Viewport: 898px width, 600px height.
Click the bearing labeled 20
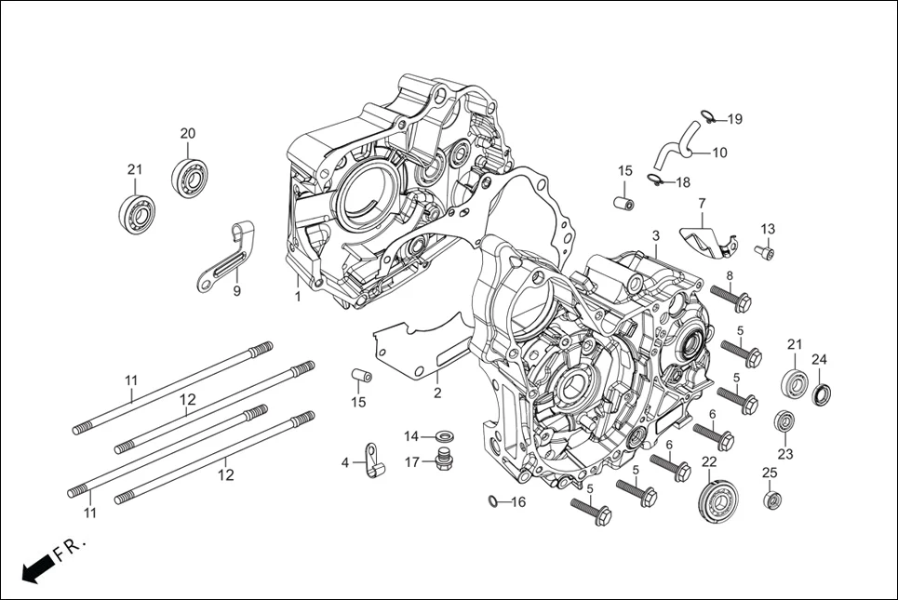tap(189, 177)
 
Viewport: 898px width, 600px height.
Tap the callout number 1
tap(298, 297)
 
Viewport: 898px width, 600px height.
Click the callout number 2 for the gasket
tap(437, 393)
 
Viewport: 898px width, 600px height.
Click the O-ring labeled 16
tap(493, 503)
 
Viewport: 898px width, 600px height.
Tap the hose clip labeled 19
tap(708, 117)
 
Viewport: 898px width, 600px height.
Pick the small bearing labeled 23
tap(784, 421)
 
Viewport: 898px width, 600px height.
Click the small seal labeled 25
tap(771, 501)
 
